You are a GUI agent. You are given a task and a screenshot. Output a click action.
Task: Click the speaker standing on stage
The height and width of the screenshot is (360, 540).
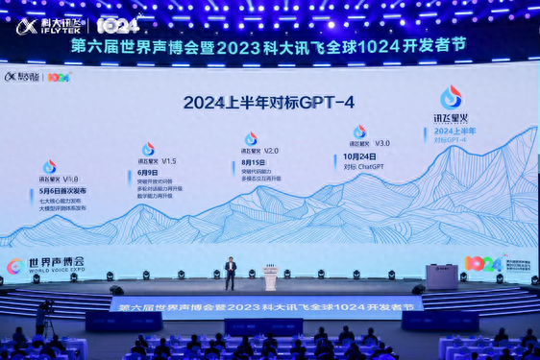coord(230,273)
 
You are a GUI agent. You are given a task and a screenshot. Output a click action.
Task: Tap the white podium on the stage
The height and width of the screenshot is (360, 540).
coord(271,278)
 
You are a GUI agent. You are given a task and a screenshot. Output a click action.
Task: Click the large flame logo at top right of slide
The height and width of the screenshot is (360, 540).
coord(451,97)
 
